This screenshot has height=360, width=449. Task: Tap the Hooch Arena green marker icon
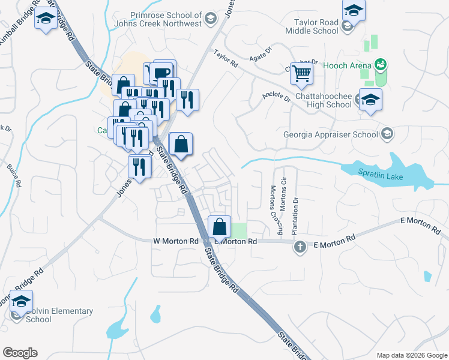click(x=380, y=64)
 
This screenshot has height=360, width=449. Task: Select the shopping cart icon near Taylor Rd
click(x=302, y=74)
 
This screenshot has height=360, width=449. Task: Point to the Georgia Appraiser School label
click(x=331, y=134)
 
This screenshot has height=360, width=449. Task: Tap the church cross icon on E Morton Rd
click(x=300, y=246)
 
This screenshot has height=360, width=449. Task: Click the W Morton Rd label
click(x=175, y=241)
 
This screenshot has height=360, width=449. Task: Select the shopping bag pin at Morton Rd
click(x=220, y=227)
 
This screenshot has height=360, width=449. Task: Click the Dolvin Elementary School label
click(x=59, y=315)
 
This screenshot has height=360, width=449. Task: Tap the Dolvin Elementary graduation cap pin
click(x=22, y=302)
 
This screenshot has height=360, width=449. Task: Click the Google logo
click(x=20, y=353)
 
